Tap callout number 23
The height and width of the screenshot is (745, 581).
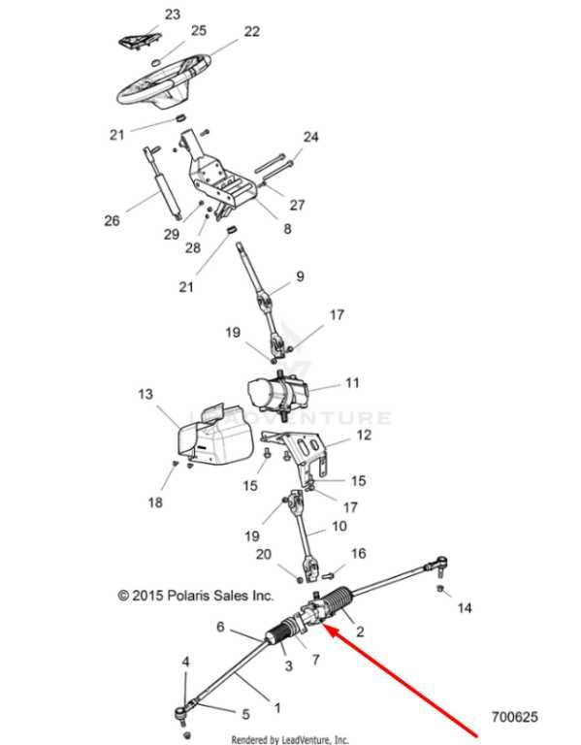173,15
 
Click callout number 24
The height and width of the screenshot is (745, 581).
310,137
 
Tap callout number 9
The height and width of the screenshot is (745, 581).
300,276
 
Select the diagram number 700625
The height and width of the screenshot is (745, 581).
514,716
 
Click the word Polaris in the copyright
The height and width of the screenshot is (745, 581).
188,596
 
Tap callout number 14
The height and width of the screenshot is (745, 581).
465,607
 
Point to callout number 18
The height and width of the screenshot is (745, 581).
155,502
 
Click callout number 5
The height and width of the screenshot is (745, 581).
245,714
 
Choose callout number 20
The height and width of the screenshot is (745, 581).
264,554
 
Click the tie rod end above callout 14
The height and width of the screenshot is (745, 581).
438,566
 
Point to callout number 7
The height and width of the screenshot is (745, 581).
316,660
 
